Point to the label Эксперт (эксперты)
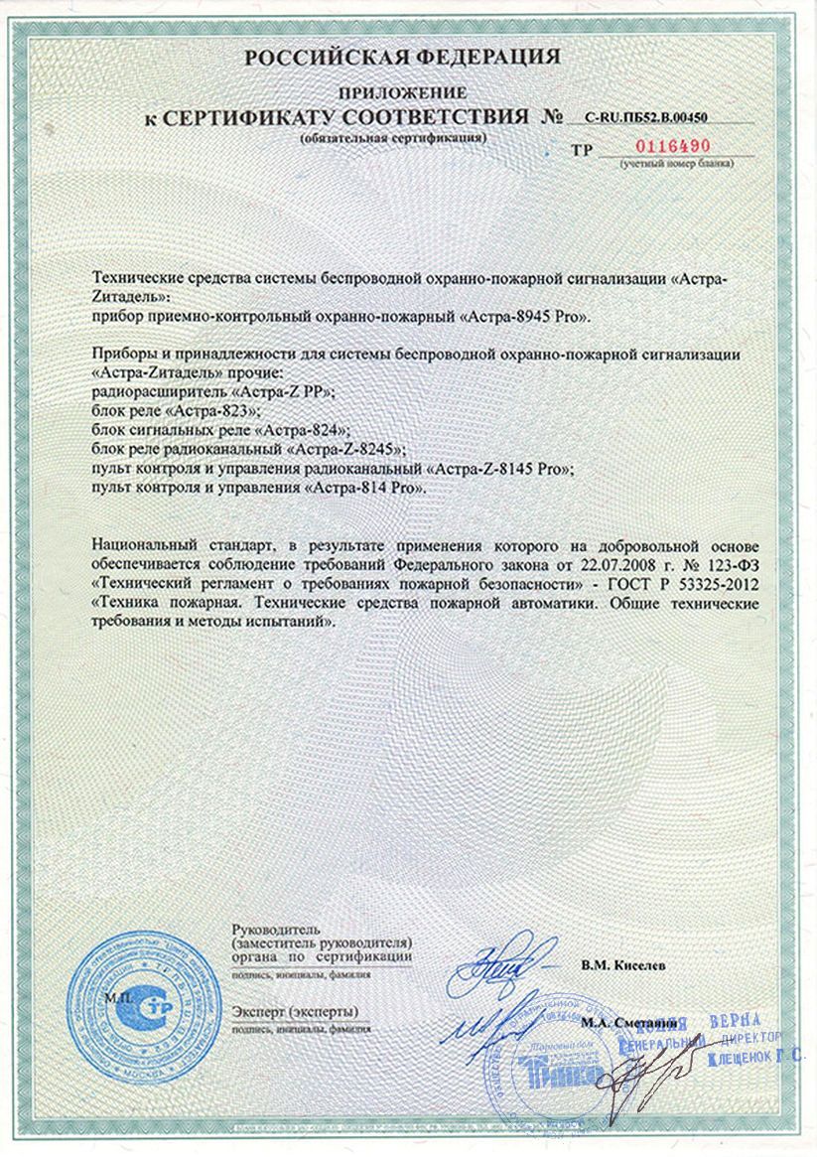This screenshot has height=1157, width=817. click(294, 1010)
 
